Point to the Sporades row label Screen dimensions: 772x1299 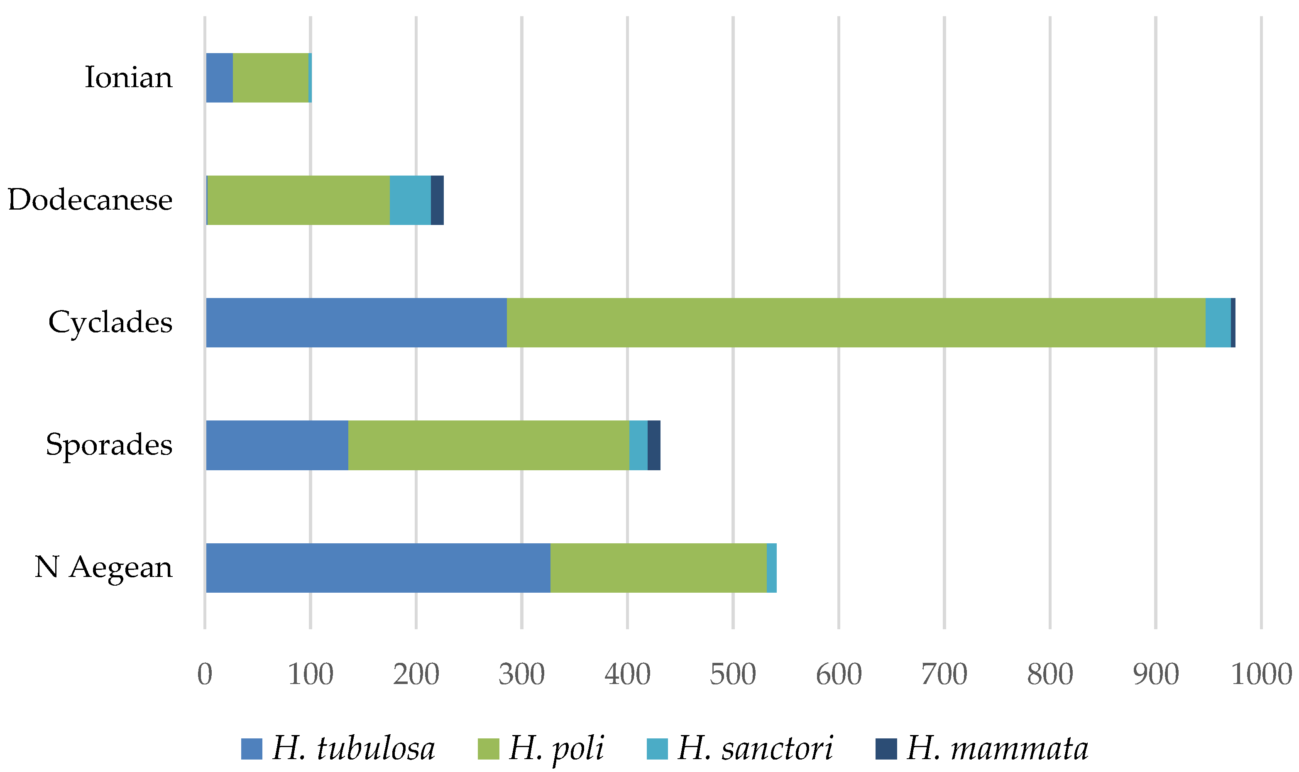[109, 445]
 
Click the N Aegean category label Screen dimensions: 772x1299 [103, 567]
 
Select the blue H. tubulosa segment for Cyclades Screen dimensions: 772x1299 [356, 322]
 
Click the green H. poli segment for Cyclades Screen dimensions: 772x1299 [855, 322]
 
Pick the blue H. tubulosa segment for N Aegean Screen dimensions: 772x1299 [378, 567]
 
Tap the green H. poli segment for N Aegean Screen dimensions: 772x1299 [658, 567]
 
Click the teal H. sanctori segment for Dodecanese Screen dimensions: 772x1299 [410, 200]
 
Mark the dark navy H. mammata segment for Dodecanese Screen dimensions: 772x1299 [437, 200]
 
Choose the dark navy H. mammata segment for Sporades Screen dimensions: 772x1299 [653, 445]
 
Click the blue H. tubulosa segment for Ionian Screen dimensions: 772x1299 [219, 78]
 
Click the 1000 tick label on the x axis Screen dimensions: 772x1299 [1261, 675]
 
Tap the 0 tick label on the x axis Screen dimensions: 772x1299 [205, 675]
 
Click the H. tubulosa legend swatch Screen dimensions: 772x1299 [251, 749]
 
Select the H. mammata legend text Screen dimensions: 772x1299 [997, 749]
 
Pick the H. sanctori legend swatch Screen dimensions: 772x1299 [657, 749]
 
